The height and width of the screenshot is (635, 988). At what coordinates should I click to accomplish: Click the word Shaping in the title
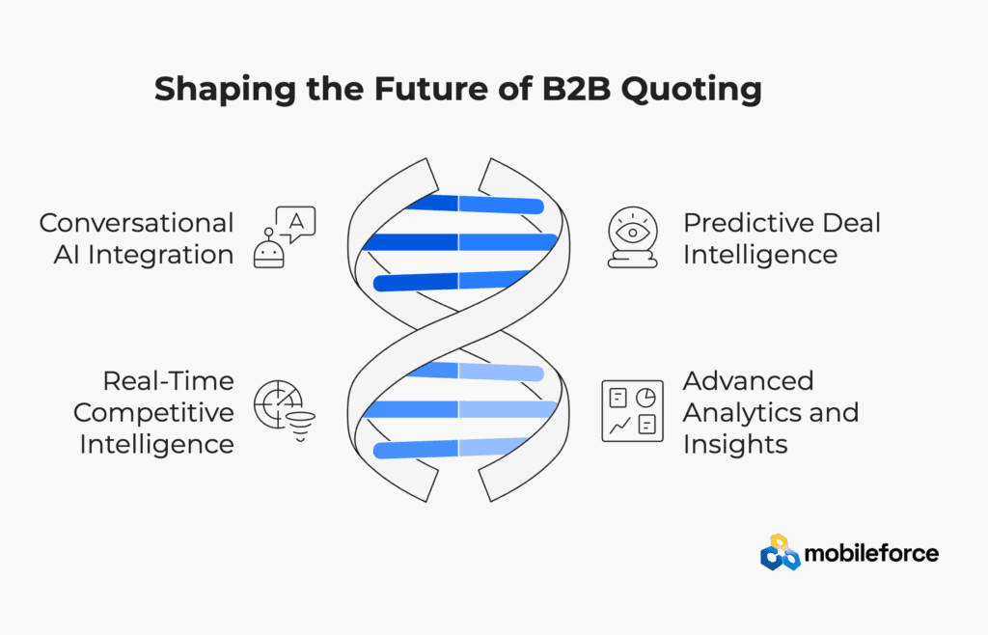click(225, 90)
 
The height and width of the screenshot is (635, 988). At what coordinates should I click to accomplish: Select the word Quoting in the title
click(691, 90)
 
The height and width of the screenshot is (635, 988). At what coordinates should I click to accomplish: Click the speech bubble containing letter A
click(295, 223)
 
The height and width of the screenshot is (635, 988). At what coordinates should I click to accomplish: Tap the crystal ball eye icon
click(633, 236)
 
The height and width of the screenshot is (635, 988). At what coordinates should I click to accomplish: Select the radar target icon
click(277, 403)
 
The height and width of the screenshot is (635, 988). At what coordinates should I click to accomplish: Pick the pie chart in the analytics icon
click(645, 398)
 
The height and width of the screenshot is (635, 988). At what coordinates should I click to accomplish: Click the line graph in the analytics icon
click(619, 426)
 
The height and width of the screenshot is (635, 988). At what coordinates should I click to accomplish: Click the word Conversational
click(136, 223)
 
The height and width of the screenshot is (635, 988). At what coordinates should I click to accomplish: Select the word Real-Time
click(168, 381)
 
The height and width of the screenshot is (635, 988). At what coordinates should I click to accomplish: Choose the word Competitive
click(153, 413)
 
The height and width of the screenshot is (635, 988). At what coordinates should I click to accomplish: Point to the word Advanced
click(748, 381)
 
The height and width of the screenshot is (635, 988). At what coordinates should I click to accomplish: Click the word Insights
click(735, 445)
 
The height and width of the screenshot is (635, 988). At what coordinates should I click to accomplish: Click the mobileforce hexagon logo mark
click(780, 552)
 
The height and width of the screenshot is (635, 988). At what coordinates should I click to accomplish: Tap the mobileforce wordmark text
click(871, 553)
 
